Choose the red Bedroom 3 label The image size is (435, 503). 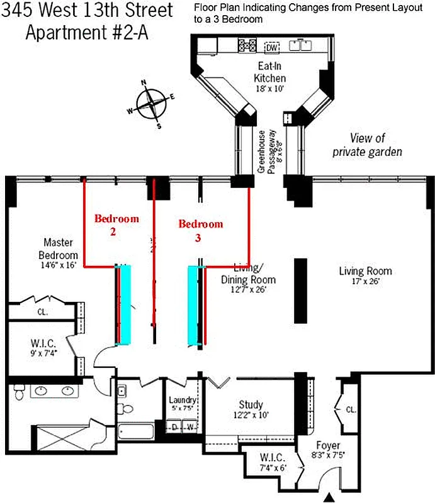[200, 230]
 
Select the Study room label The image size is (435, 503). [251, 409]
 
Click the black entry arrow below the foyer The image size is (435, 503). [327, 497]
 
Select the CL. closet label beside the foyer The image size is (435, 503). [350, 410]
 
